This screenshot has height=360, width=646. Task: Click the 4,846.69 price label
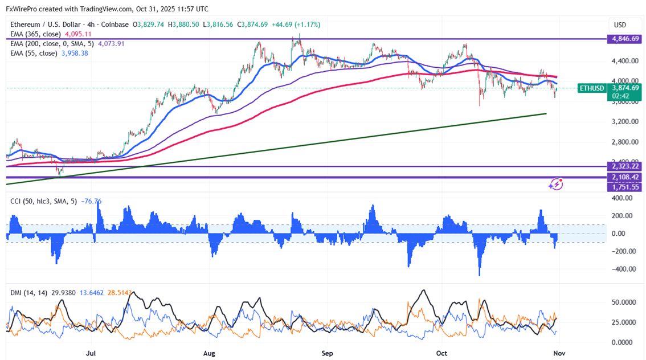(624, 39)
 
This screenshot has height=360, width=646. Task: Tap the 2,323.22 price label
(624, 166)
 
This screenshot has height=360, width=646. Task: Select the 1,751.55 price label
(624, 187)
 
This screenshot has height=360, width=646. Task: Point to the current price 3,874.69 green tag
(624, 88)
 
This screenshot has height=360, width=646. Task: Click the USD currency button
(619, 25)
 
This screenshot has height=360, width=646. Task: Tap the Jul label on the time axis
(91, 353)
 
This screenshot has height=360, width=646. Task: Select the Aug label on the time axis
(209, 353)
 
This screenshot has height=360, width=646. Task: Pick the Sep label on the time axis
(327, 353)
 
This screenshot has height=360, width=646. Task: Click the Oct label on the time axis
(441, 353)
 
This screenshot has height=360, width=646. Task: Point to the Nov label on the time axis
(559, 353)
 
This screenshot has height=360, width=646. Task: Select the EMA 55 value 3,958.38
(73, 53)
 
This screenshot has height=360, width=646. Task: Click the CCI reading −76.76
(92, 201)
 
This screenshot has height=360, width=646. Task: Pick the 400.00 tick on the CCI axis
(622, 198)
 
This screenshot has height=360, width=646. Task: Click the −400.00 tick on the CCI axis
(621, 269)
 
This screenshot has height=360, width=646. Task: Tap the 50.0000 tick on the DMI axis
(622, 302)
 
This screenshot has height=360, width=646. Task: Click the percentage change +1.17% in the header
(307, 24)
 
